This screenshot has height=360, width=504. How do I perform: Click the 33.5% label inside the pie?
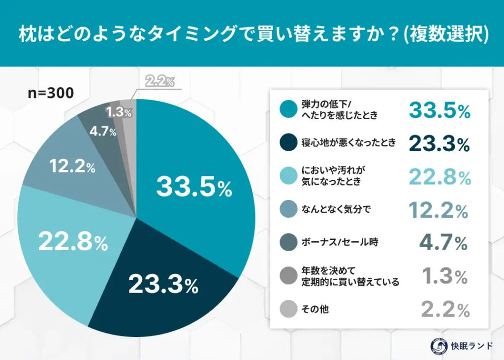(x=194, y=187)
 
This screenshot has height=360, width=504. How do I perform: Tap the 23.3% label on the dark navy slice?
(x=163, y=285)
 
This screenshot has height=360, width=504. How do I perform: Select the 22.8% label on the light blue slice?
(x=73, y=242)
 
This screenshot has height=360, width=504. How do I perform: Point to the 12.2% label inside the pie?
(x=72, y=166)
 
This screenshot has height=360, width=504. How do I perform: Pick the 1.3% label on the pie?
(x=119, y=112)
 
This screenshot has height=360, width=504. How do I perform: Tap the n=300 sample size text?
(x=51, y=93)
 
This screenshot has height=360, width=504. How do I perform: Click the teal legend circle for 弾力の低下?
(x=287, y=110)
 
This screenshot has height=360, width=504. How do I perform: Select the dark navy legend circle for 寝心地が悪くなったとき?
(x=287, y=143)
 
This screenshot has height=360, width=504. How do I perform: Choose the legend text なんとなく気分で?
(x=336, y=210)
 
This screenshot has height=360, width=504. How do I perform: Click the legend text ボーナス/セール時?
(x=340, y=242)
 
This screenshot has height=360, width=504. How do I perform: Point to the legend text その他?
(x=315, y=309)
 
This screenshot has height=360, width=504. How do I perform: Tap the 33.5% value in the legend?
(x=440, y=111)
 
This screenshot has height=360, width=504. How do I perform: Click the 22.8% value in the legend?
(x=440, y=177)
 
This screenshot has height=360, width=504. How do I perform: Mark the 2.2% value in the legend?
(x=445, y=310)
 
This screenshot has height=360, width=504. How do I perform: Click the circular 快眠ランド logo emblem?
(x=434, y=345)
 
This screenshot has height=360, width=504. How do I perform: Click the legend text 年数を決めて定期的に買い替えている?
(x=350, y=276)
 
